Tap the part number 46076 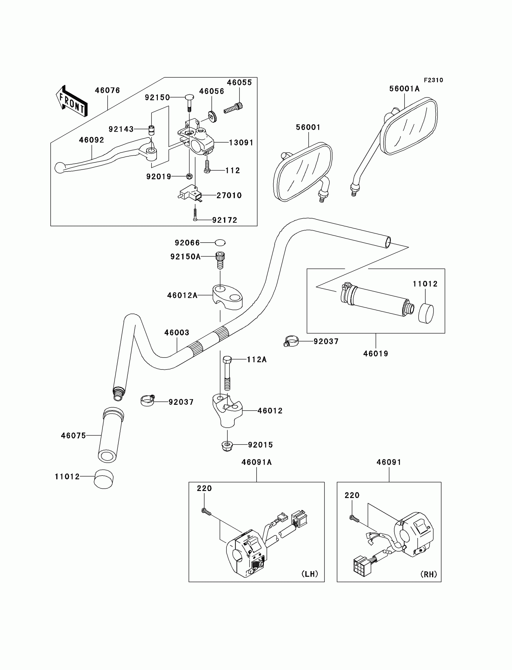click(107, 90)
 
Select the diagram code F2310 click(433, 80)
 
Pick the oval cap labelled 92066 click(220, 243)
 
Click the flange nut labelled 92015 click(227, 445)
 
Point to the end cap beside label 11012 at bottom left click(103, 479)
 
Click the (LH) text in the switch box click(310, 574)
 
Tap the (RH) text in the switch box click(429, 574)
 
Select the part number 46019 click(376, 354)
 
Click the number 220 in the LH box click(204, 489)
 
